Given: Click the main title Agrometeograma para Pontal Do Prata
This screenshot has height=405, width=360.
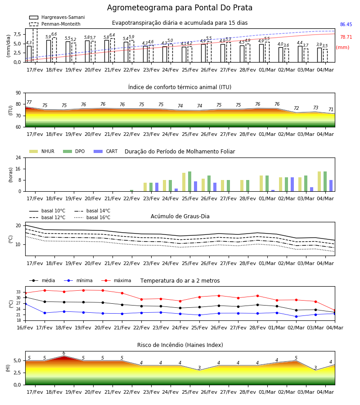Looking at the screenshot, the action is pos(180,8).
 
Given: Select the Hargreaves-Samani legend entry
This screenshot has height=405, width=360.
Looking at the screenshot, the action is pos(57,17).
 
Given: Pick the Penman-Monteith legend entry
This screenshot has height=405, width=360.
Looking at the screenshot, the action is pos(55,24).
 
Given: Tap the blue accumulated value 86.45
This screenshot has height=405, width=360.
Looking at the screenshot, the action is pos(346,25).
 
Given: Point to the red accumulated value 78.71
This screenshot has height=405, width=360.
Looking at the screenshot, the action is pos(346,37).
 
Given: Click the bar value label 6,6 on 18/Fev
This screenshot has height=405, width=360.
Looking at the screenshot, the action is pos(54,34).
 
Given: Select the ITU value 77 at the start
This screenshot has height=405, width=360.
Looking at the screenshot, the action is pos(29,102).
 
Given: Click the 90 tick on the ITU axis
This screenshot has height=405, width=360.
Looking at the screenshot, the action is pos(18,93).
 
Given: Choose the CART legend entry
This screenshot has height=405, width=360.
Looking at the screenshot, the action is pos(106,151).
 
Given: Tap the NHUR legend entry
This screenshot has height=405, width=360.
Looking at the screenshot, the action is pos(42,151).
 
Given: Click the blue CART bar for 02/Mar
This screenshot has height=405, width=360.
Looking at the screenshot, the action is pos(292,184).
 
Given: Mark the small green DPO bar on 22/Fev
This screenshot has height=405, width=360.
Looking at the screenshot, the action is pos(132,191).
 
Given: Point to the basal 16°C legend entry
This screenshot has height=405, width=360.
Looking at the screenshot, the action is pos(92,217).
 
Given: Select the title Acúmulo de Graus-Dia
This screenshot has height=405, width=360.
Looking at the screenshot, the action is pos(180,216).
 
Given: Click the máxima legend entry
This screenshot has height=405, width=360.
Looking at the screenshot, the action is pos(116,280).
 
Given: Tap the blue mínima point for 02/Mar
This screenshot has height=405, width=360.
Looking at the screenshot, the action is pos(296,316).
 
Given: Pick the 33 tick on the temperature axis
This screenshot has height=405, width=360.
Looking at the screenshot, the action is pos(18,292).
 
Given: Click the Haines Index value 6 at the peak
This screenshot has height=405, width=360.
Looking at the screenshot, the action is pos(64,353).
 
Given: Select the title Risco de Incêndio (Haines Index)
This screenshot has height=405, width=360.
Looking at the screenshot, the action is pos(180,345).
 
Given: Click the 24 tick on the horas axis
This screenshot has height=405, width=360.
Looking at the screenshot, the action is pos(18,157).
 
